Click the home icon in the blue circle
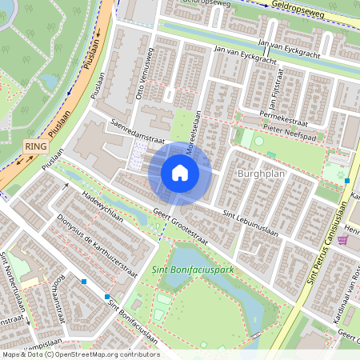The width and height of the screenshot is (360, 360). [180, 172]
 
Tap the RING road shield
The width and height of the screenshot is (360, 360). [34, 147]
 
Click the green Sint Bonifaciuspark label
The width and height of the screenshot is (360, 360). [192, 270]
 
